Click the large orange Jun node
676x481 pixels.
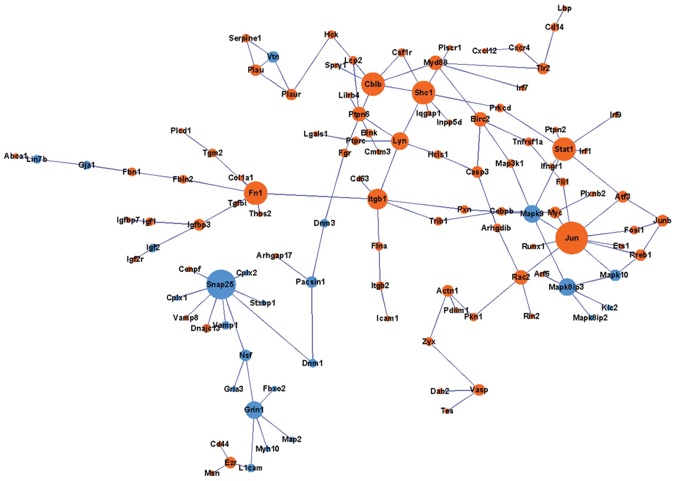click(x=571, y=238)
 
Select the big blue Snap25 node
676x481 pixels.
click(x=221, y=284)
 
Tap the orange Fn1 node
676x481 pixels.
click(x=255, y=193)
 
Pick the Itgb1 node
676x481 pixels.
click(x=377, y=199)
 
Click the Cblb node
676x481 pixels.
click(x=372, y=84)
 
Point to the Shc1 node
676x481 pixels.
click(x=423, y=92)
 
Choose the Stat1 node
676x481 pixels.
click(x=564, y=149)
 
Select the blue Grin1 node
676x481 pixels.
click(x=254, y=409)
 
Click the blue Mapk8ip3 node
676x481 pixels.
click(x=567, y=287)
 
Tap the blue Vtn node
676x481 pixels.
click(x=273, y=57)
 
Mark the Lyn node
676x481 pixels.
click(x=400, y=141)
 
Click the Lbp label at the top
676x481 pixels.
click(x=564, y=8)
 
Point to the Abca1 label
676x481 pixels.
click(x=15, y=156)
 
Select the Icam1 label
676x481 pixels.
click(x=387, y=318)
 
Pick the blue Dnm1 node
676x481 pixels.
click(x=313, y=363)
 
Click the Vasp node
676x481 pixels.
click(x=479, y=390)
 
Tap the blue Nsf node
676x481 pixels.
click(x=246, y=355)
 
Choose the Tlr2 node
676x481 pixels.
click(x=543, y=68)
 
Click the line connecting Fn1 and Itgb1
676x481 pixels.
click(x=316, y=196)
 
